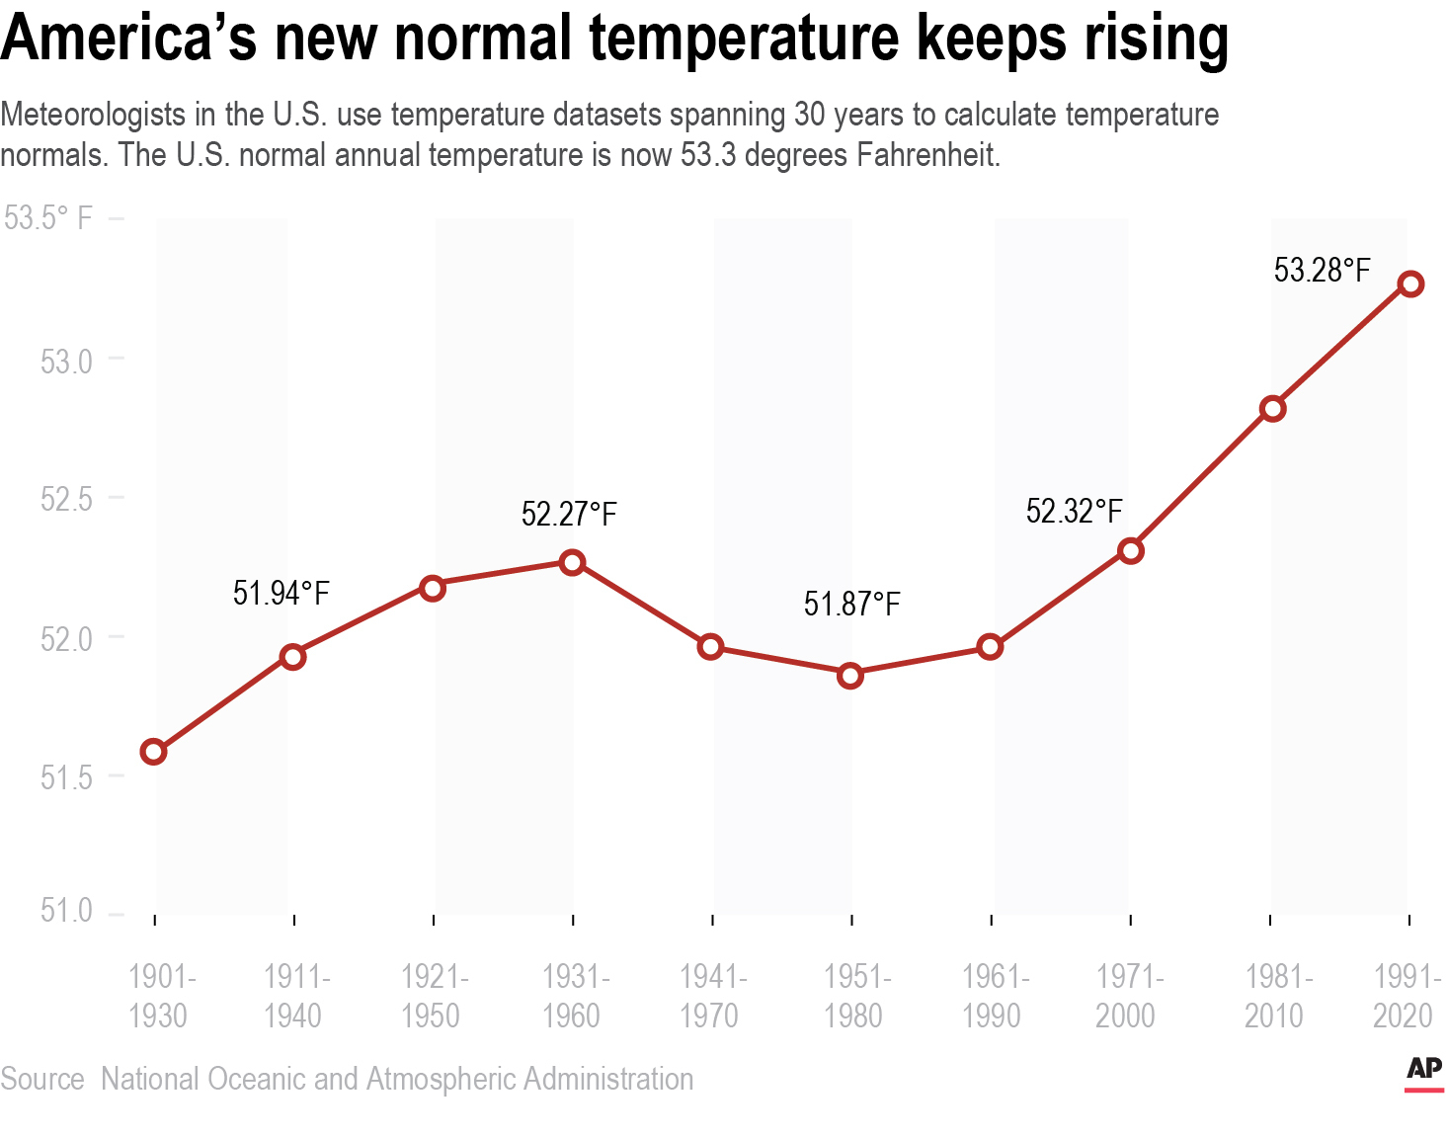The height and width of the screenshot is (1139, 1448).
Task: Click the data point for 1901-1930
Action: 153,752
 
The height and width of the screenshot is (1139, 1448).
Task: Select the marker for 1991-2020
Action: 1410,285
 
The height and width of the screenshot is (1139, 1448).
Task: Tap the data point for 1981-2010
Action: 1272,408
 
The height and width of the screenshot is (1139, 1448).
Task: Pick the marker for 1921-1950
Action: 432,588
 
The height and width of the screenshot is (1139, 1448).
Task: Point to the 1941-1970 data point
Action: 710,647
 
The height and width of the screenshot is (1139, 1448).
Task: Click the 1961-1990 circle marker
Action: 990,647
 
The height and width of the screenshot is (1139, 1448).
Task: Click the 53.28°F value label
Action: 1322,270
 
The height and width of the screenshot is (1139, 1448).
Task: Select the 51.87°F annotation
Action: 851,604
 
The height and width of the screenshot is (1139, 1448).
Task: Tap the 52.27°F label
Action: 569,514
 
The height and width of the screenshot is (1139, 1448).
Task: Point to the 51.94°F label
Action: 281,593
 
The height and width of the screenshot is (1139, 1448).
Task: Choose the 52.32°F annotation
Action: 1074,511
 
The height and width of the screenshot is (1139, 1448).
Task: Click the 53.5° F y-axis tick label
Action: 48,218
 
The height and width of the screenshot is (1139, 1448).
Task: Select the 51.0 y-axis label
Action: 66,910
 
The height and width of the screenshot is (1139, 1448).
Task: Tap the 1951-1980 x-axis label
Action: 855,996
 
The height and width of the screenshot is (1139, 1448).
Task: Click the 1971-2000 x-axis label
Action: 1128,996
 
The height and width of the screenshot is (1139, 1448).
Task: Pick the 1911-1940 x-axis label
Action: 295,996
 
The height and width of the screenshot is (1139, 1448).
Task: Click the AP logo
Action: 1423,1071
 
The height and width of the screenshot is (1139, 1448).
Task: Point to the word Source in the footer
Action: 42,1079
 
